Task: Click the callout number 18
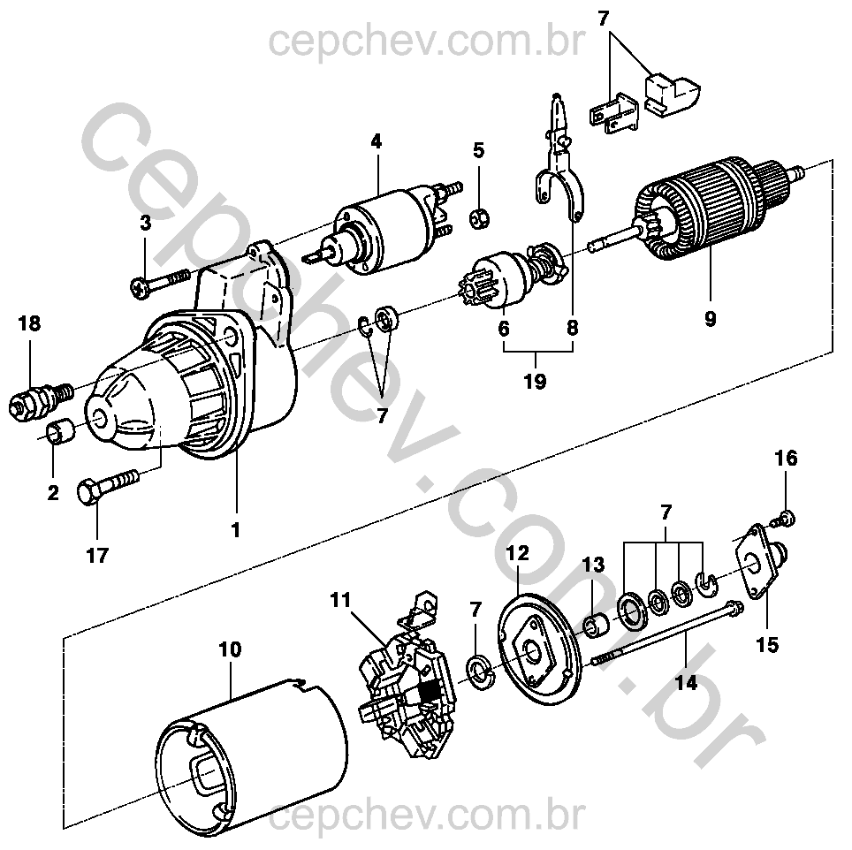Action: (x=29, y=324)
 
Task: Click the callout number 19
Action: (x=534, y=382)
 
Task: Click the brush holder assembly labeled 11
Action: (x=408, y=686)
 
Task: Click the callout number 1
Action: (x=236, y=530)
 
